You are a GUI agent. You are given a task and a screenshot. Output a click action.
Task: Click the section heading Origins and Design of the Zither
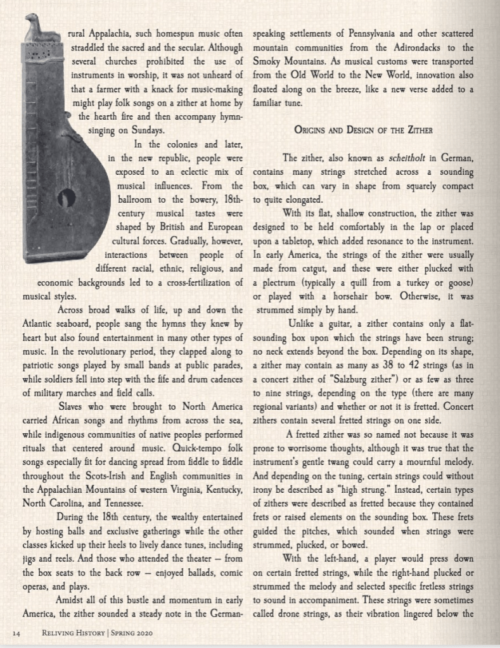[363, 130]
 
